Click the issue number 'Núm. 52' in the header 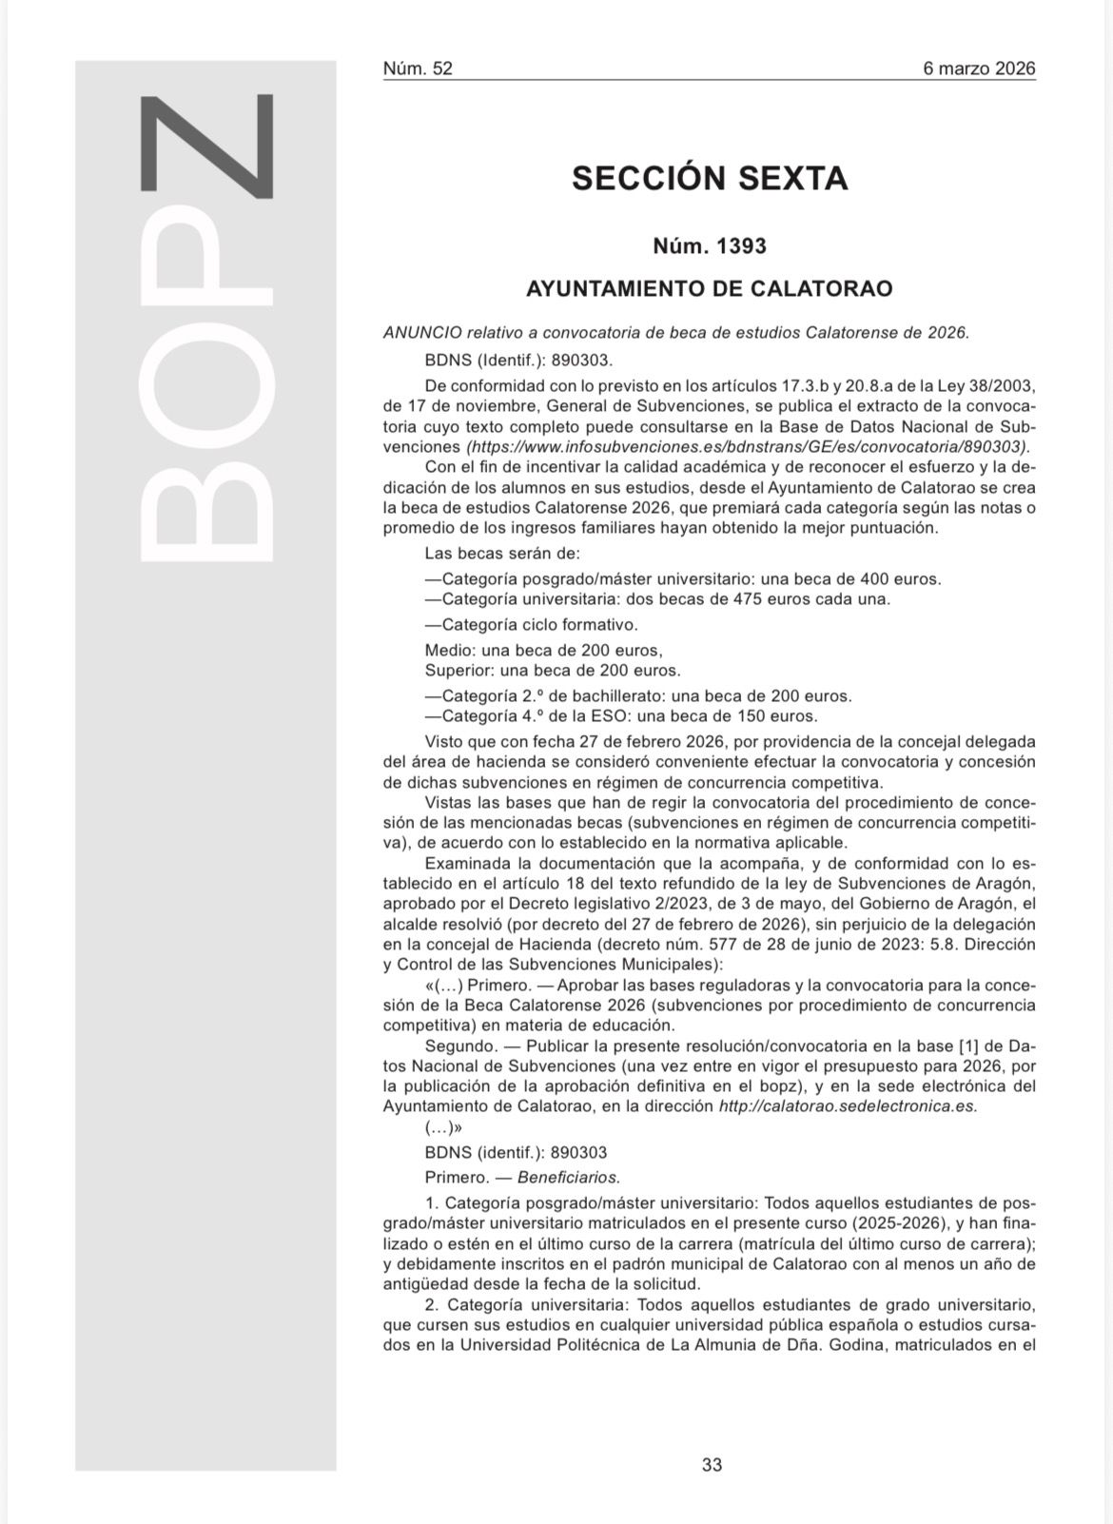coord(418,68)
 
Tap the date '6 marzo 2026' coord(979,68)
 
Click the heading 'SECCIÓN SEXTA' coord(710,178)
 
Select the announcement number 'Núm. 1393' coord(710,246)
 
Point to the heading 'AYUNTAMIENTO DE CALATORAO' coord(710,288)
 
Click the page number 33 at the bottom coord(712,1465)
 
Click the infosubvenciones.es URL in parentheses coord(748,446)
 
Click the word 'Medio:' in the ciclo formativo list coord(450,651)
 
